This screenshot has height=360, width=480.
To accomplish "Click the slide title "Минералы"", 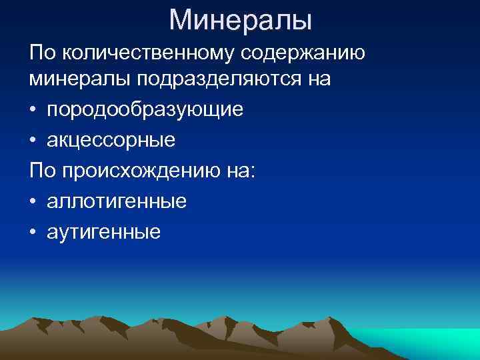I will point(240,19).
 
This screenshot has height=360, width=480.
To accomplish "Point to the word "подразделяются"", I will point(220,79).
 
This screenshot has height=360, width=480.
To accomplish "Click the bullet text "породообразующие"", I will point(145,109).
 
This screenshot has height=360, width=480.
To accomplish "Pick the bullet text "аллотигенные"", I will point(117,201).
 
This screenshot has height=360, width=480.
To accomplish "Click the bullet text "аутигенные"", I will point(104,231).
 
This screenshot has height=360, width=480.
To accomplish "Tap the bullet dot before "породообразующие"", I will point(33,109).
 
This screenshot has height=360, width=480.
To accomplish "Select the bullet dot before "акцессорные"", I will point(33,140).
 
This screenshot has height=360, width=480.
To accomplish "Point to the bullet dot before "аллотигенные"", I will point(33,201).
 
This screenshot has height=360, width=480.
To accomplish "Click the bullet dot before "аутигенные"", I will point(33,231).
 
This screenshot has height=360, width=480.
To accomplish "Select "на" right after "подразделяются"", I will point(317,79).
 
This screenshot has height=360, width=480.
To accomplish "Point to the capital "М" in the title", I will point(181,19).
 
